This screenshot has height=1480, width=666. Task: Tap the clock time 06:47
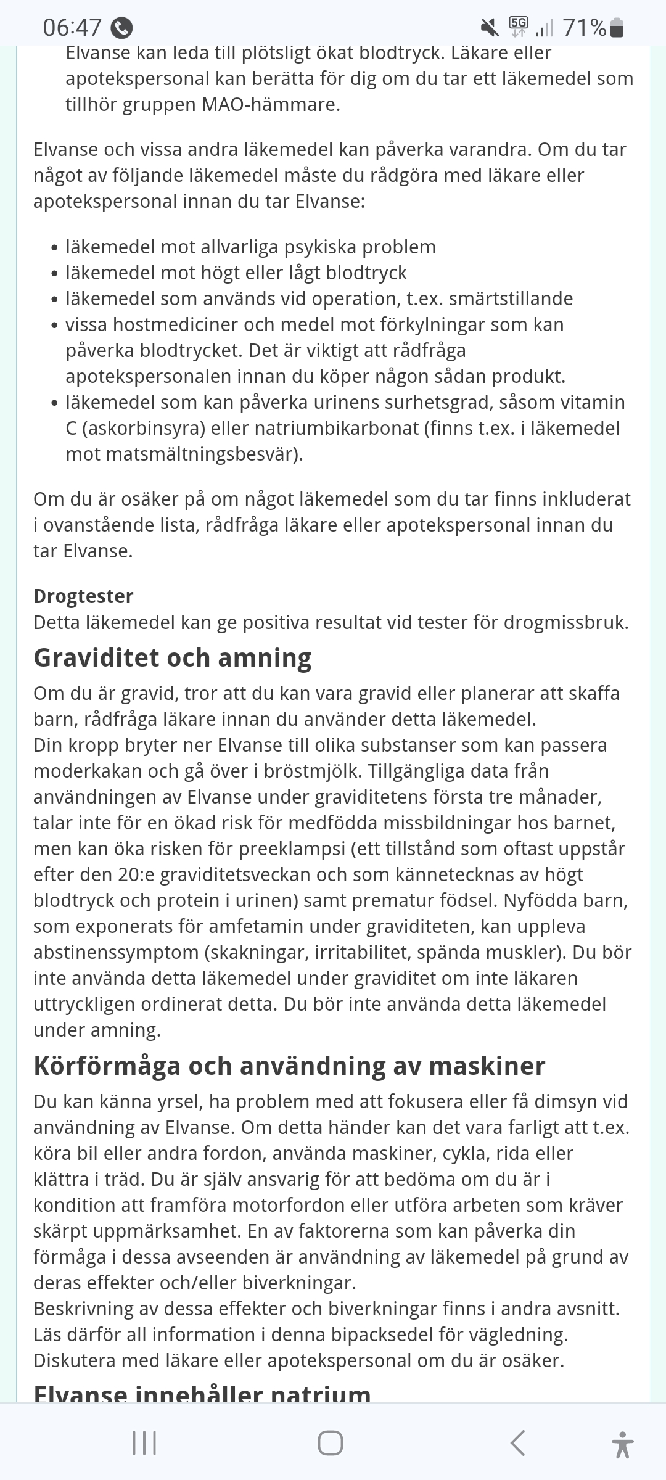[x=72, y=28]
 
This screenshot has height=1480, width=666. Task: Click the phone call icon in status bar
[x=121, y=28]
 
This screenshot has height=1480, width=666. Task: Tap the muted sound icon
[x=490, y=27]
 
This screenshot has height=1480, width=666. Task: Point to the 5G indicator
[x=519, y=27]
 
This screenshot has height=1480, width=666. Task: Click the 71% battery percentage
[x=584, y=28]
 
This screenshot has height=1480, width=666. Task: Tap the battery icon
[x=617, y=28]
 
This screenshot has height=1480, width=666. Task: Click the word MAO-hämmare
[x=271, y=105]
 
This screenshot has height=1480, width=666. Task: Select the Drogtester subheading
[x=83, y=596]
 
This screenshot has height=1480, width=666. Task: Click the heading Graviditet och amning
[x=172, y=657]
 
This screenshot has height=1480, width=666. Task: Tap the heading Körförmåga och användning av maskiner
[x=289, y=1066]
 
